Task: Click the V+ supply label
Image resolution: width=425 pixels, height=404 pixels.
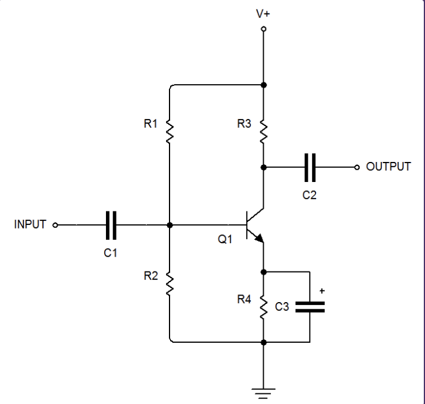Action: click(263, 13)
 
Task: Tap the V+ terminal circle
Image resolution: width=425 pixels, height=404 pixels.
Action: click(263, 28)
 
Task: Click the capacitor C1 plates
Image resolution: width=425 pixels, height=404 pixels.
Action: click(111, 225)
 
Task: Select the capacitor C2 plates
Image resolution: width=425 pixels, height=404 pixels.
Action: click(310, 167)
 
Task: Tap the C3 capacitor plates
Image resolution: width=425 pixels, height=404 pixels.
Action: click(310, 307)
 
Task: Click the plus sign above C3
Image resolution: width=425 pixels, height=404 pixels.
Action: click(322, 291)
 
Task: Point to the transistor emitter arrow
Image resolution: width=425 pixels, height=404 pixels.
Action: click(258, 237)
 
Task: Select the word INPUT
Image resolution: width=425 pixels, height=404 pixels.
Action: click(30, 224)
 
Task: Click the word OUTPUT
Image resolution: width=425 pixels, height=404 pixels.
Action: click(389, 167)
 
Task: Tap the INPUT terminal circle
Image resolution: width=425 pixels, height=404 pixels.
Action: click(55, 225)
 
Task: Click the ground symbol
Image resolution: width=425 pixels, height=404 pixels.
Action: click(263, 390)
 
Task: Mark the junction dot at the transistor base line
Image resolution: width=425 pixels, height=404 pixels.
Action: click(170, 225)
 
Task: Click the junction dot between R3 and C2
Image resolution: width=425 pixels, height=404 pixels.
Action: click(263, 167)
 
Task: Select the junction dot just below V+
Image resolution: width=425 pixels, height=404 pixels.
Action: click(263, 85)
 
